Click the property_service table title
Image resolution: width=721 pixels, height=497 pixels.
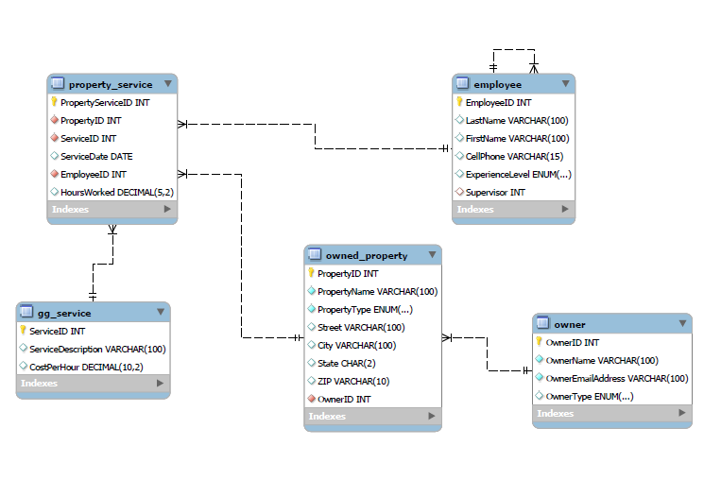pos(110,84)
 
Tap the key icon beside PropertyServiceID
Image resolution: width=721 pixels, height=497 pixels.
pos(54,102)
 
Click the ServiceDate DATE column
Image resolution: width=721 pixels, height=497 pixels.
pos(96,156)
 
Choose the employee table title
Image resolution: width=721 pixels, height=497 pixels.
pos(497,84)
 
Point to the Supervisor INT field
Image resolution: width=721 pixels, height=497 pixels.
pos(495,192)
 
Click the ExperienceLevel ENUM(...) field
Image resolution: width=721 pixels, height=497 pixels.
pos(519,174)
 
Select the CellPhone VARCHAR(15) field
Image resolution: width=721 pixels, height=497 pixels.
pos(514,156)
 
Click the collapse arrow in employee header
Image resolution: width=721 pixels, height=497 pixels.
pos(565,84)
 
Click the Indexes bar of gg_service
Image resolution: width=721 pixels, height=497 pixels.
pos(93,384)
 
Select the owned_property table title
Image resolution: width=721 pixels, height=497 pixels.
pos(366,255)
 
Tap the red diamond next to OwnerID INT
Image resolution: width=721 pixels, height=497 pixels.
pos(311,399)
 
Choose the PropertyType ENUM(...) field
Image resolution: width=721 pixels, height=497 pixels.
pos(365,309)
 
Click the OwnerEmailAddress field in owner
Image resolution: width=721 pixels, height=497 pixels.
pos(617,378)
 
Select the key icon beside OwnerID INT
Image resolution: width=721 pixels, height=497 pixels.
pos(540,342)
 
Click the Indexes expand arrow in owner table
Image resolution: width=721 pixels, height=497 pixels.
pos(682,414)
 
